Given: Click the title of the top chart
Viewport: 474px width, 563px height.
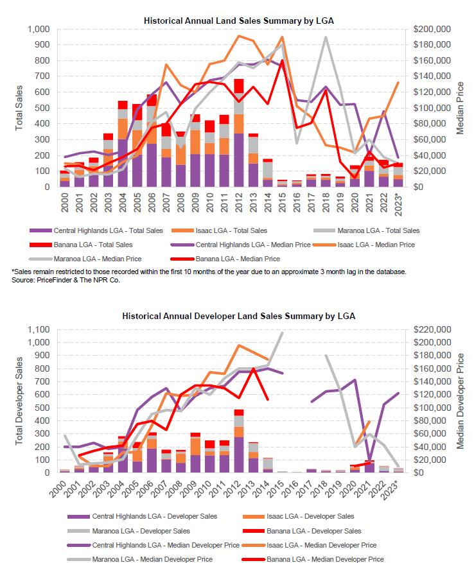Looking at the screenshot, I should [x=238, y=21].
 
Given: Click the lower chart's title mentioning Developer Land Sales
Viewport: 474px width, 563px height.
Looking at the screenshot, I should [x=238, y=316].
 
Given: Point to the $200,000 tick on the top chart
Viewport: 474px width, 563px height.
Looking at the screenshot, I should [x=432, y=30].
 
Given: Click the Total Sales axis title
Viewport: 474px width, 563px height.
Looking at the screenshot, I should [x=19, y=108].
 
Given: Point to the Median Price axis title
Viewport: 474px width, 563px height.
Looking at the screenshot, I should [x=460, y=108].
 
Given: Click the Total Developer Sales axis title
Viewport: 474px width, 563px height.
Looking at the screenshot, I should [x=19, y=401].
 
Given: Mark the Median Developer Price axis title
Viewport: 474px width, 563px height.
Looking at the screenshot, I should [x=460, y=401].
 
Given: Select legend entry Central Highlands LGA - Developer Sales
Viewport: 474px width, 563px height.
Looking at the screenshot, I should [x=154, y=516].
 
